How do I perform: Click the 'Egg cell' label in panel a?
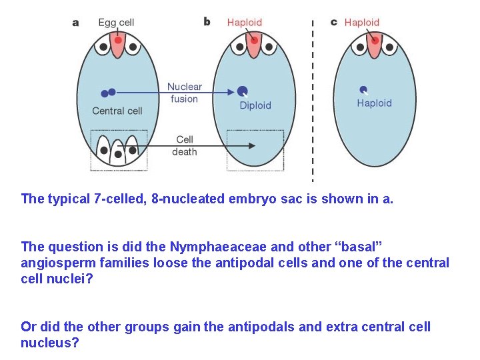(116, 23)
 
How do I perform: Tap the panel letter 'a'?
(75, 23)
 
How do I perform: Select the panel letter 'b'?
(207, 22)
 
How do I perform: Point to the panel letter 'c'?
(334, 22)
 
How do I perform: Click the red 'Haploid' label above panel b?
(245, 23)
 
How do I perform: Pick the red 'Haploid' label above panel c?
(362, 23)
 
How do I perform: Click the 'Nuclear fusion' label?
(184, 93)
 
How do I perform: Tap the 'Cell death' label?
(185, 145)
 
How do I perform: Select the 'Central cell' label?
(117, 111)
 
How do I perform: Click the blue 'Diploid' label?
(255, 105)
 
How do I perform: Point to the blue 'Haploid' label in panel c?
(374, 103)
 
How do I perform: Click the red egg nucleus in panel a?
(118, 41)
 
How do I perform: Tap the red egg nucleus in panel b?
(254, 41)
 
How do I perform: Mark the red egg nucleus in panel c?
(375, 41)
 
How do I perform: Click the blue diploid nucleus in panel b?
(243, 91)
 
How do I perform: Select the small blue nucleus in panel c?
(363, 89)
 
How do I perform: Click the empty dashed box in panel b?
(255, 149)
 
